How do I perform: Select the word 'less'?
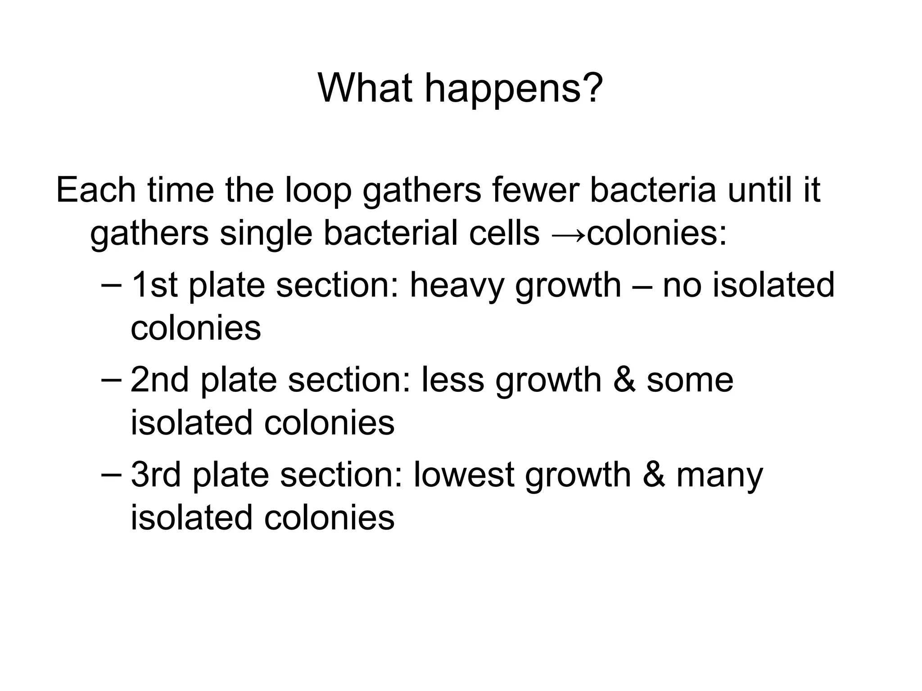[452, 380]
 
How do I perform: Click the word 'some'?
[690, 381]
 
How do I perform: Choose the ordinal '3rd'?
[156, 474]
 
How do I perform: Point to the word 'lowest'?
[463, 474]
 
